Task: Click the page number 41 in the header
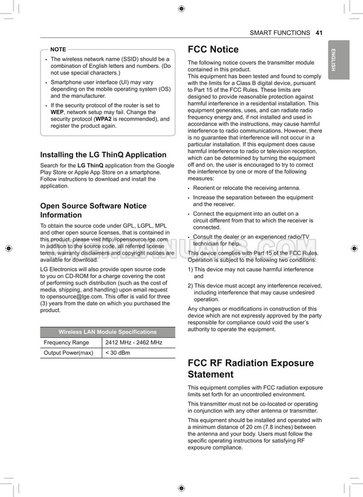319,33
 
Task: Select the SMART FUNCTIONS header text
280,33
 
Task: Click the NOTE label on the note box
59,49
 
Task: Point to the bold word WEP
57,112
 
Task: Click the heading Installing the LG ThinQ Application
103,155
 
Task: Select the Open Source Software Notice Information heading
93,210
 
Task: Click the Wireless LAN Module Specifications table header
108,332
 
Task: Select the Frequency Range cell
66,342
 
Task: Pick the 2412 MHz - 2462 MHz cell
133,342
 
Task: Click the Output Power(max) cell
69,353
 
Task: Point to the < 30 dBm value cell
117,353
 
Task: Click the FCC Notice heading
213,49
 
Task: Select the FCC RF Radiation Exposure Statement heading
251,368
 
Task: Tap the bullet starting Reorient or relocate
246,188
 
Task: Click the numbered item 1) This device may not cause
251,269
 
